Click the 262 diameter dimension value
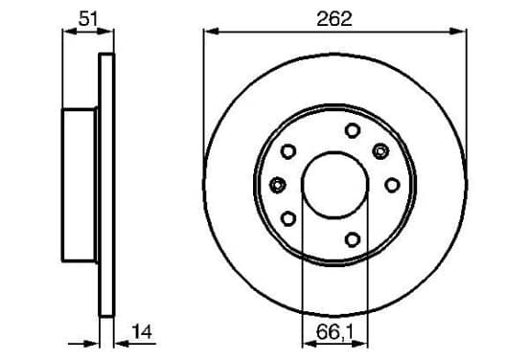[x=334, y=19]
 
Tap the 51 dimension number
[x=88, y=18]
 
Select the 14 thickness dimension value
[x=142, y=331]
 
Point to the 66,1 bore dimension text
[x=334, y=332]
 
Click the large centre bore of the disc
[x=335, y=185]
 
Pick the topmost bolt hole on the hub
[x=353, y=130]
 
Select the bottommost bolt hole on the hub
[x=353, y=239]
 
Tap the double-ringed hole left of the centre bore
[x=278, y=185]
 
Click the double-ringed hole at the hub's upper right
[x=380, y=151]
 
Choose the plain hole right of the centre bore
[x=392, y=185]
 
